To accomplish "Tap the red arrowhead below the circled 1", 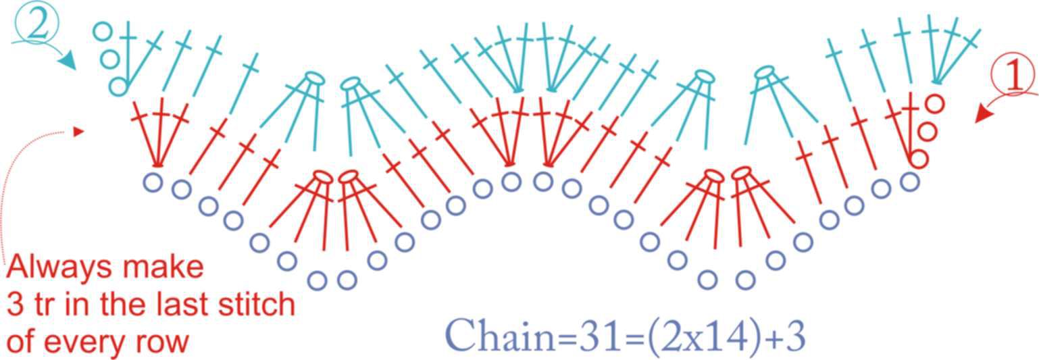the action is coord(984,113).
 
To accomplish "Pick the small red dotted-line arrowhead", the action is coord(78,132).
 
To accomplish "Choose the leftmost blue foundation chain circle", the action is coord(153,182).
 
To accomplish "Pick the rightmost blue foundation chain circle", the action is coord(909,181).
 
